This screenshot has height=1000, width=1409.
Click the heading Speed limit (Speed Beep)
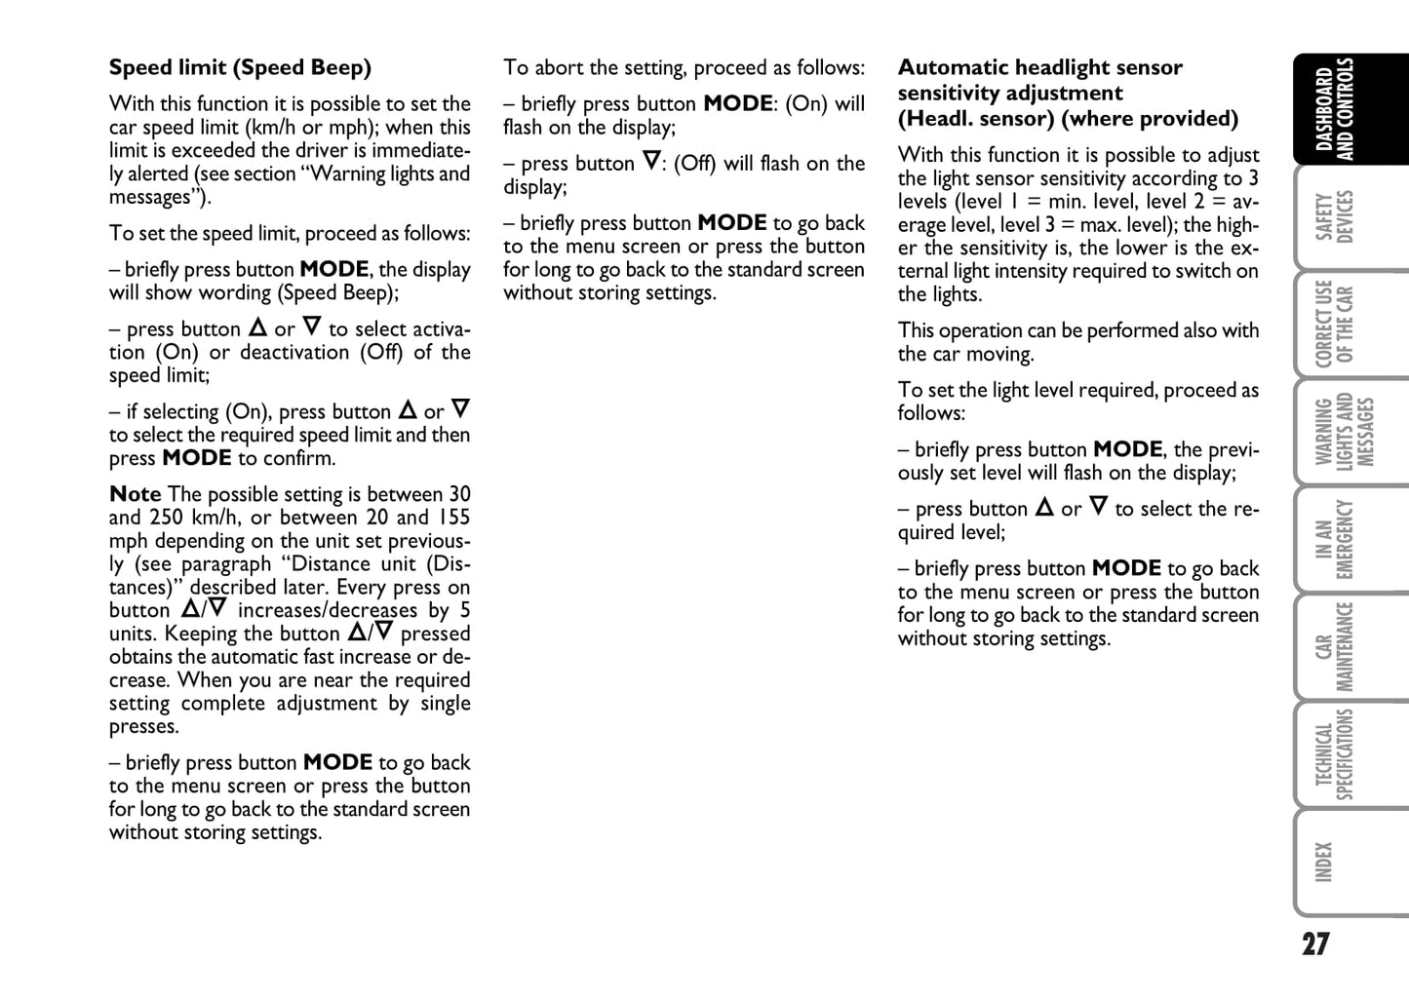240,68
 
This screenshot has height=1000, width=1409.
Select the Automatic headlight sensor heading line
1039,68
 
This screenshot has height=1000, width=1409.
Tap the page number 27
1315,944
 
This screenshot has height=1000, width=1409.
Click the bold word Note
135,495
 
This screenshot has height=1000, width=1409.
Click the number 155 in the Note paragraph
453,519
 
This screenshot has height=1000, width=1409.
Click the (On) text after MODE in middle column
805,104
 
